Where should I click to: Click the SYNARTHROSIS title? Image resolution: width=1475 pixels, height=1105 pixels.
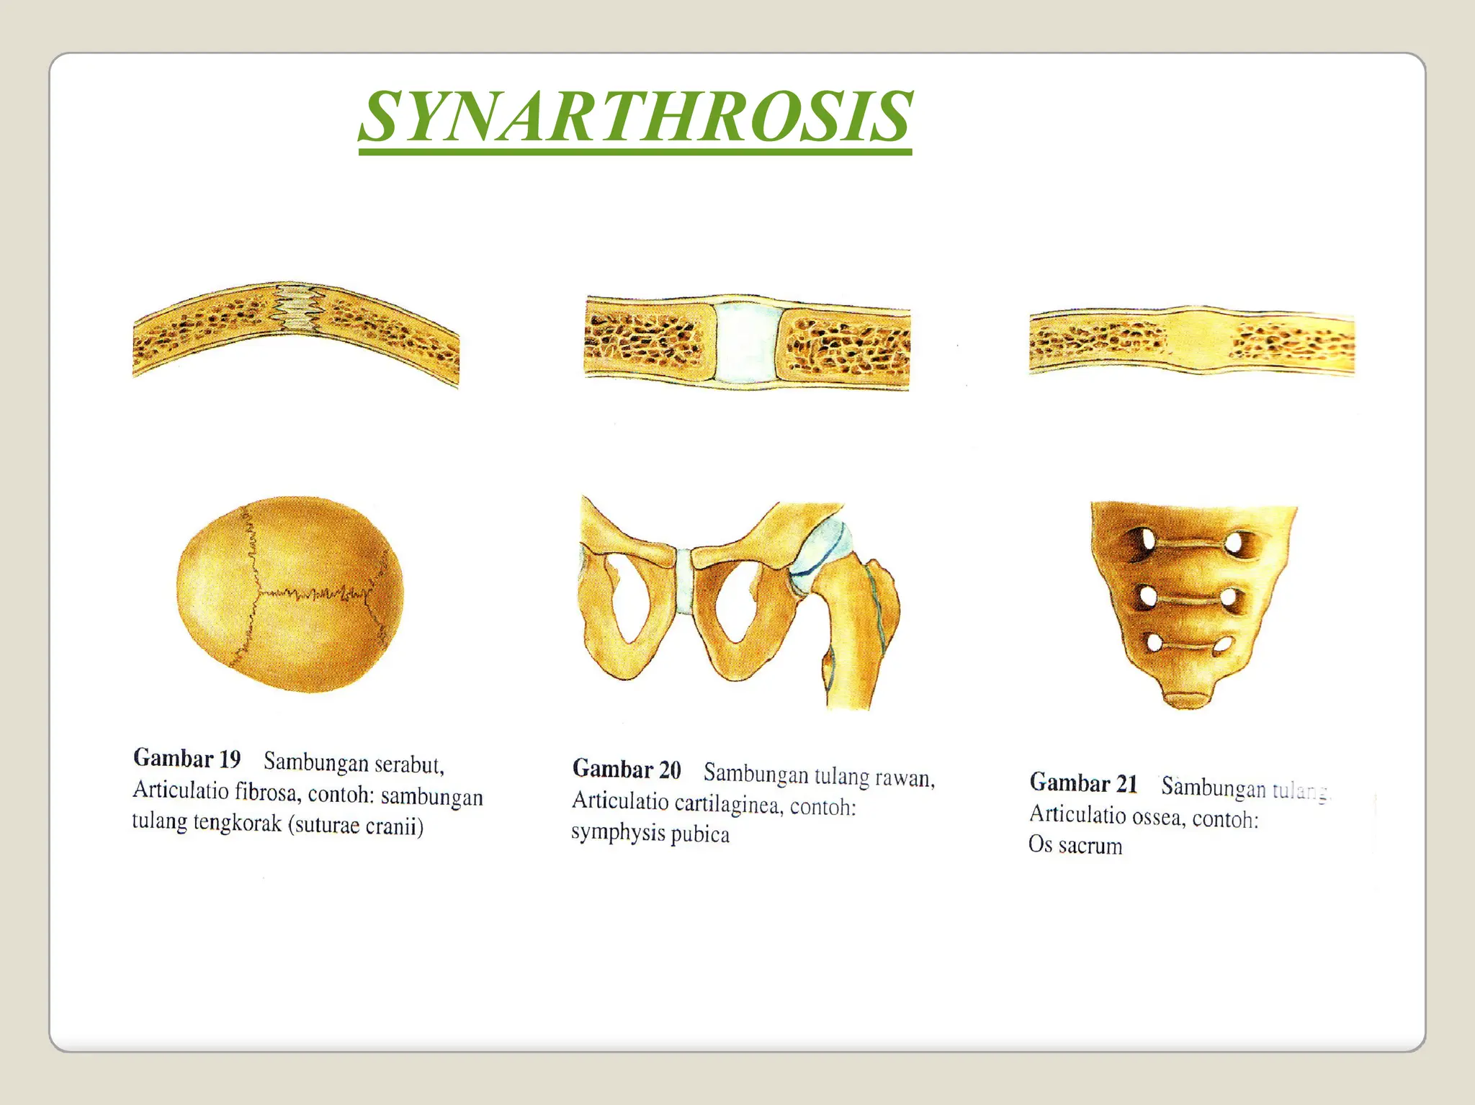[x=635, y=117]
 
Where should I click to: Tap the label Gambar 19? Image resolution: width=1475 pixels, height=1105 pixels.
[x=187, y=759]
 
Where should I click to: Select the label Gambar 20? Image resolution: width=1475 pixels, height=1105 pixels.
[x=627, y=769]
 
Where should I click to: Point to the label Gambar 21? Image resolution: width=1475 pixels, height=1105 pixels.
[x=1083, y=783]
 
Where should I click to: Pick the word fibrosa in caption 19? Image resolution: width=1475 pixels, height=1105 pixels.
[x=266, y=793]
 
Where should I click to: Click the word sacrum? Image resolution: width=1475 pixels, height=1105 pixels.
[x=1090, y=846]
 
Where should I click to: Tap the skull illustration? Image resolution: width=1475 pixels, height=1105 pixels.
[x=290, y=594]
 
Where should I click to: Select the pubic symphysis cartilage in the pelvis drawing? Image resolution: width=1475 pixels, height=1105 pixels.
[x=684, y=582]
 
